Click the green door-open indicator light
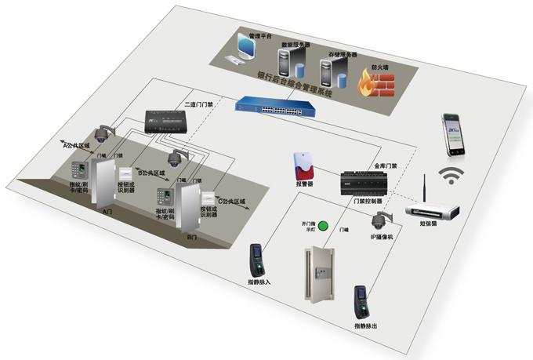(x=321, y=226)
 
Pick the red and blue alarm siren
(x=304, y=165)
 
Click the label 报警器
(x=304, y=184)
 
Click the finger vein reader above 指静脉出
(x=361, y=300)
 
